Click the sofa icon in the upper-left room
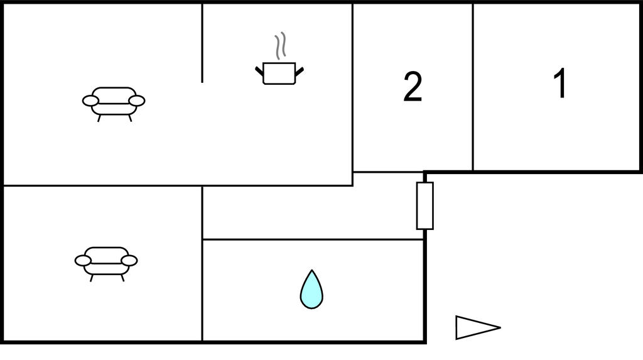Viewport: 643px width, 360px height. (114, 102)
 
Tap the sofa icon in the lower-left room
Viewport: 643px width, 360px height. (106, 261)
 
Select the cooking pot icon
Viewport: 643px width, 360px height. (279, 73)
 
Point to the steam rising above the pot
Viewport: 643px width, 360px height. (280, 46)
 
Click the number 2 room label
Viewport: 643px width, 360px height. (413, 87)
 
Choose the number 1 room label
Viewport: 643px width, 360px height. (560, 84)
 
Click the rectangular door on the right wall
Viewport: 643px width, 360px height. (425, 205)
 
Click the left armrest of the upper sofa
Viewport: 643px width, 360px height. (91, 101)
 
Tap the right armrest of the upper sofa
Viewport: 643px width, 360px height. (136, 101)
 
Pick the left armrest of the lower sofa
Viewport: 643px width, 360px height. (84, 260)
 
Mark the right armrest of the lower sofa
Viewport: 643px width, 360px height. (129, 260)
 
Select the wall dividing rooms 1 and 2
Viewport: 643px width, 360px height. (473, 87)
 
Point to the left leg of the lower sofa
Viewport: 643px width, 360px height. (92, 278)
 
